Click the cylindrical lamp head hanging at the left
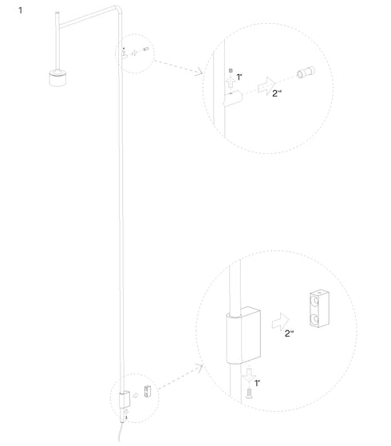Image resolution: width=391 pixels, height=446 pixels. (57, 77)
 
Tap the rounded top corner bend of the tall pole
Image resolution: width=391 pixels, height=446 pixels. (117, 10)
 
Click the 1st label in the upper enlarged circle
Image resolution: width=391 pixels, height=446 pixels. (239, 77)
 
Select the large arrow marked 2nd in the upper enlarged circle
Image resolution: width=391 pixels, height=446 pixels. (271, 83)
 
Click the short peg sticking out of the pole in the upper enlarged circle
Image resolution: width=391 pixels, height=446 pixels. (232, 98)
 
